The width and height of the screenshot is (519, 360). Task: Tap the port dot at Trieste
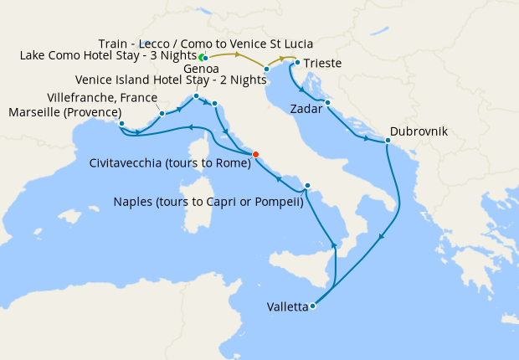(296, 62)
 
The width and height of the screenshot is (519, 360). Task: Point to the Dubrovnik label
(419, 132)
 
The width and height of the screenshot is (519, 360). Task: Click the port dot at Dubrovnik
(388, 141)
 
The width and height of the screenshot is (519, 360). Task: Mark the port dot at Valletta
(312, 306)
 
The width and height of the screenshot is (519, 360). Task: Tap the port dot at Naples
(308, 186)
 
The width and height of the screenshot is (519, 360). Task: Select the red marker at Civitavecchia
(255, 153)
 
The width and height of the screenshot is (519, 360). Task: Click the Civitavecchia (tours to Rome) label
(170, 164)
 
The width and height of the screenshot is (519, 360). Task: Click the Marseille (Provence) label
(63, 111)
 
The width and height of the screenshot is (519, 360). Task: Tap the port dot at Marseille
(121, 124)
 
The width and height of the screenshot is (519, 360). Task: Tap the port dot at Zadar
(327, 103)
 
